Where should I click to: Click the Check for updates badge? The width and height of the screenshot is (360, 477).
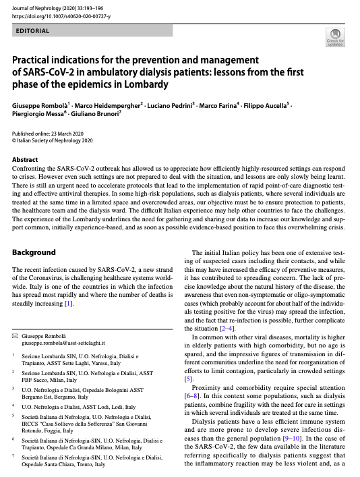334,38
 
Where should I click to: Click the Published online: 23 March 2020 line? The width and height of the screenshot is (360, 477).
53,135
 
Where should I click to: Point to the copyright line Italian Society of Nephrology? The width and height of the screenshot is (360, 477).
55,142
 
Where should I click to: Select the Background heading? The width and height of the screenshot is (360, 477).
34,252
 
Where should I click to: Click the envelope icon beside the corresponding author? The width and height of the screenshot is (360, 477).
16,335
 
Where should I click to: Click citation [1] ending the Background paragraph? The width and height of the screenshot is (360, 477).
68,304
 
